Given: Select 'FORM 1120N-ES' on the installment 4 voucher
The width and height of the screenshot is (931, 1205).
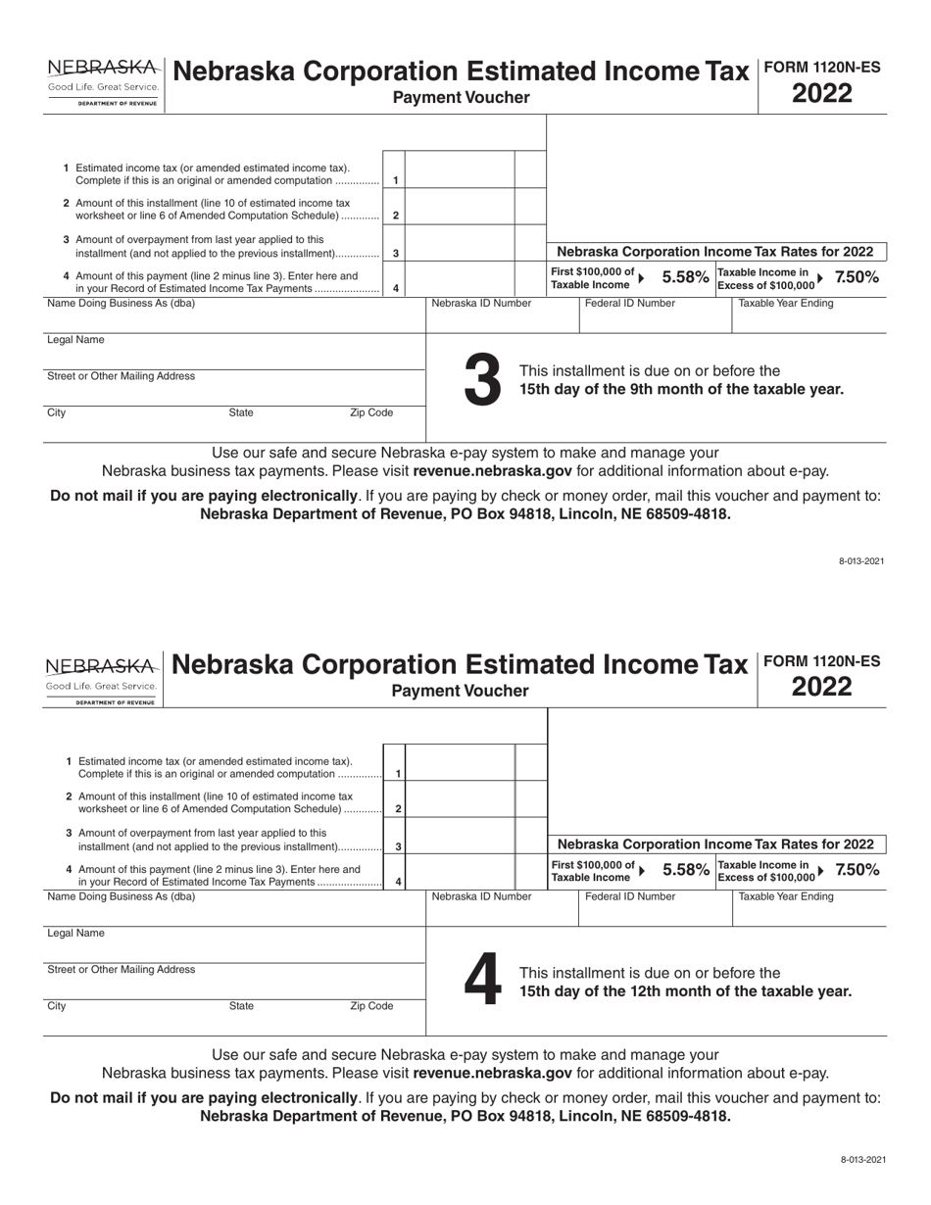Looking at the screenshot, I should click(821, 661).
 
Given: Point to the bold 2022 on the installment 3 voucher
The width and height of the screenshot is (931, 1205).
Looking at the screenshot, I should click(821, 95).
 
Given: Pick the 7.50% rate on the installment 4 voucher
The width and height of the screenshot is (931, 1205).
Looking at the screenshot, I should click(857, 870).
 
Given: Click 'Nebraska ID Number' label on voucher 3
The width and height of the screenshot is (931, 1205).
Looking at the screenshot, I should click(481, 304).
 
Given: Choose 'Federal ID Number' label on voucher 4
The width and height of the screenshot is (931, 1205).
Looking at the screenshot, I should click(629, 896).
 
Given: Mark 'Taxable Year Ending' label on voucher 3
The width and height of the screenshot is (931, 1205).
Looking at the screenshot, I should click(785, 304).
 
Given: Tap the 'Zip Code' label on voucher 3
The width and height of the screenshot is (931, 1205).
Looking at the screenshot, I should click(371, 413).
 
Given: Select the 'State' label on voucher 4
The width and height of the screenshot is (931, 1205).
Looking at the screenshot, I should click(241, 1006).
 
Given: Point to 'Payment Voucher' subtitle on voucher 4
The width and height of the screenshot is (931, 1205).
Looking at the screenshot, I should click(460, 692).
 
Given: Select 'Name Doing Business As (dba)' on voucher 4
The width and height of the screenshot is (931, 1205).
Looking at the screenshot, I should click(122, 896).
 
